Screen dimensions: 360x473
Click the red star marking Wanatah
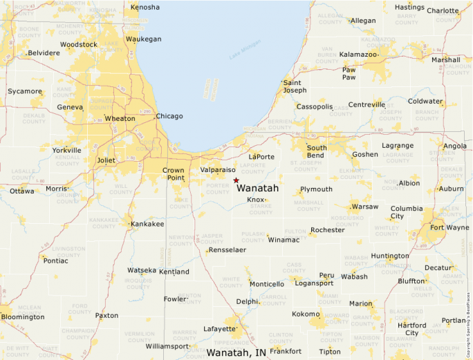click(x=236, y=180)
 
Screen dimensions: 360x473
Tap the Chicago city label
click(x=169, y=116)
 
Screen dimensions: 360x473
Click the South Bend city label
click(x=317, y=152)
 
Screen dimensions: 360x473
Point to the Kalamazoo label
click(x=358, y=54)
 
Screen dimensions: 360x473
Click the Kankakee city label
click(x=148, y=224)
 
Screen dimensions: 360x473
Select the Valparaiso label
click(x=219, y=169)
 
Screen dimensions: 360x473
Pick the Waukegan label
click(x=143, y=39)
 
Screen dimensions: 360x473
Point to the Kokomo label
click(x=306, y=314)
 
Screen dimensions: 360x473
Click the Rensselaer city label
click(x=227, y=249)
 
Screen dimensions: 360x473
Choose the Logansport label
click(x=314, y=283)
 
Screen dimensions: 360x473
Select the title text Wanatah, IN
click(x=236, y=352)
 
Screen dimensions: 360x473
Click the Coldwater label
click(x=425, y=101)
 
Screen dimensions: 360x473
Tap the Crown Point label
click(x=174, y=174)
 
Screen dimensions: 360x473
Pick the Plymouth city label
click(x=316, y=189)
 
